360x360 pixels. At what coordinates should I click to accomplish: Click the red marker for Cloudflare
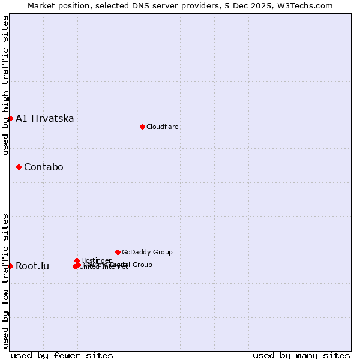coord(142,127)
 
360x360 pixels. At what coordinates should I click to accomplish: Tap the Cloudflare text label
coord(163,127)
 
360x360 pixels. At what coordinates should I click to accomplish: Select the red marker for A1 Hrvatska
coord(10,118)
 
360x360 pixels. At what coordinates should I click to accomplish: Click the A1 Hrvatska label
coord(45,119)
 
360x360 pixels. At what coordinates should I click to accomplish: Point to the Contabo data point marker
coord(19,167)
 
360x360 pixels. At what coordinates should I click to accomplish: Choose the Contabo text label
coord(44,167)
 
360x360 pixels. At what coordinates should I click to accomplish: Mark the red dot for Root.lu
coord(10,266)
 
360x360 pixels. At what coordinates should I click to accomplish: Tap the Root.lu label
coord(32,266)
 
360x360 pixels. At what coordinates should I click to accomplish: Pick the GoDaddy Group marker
coord(118,252)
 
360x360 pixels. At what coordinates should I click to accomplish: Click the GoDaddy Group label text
coord(147,253)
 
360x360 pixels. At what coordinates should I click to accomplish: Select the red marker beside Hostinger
coord(77,260)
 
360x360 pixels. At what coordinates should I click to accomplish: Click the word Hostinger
coord(96,260)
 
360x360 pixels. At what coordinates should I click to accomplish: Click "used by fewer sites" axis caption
coord(62,355)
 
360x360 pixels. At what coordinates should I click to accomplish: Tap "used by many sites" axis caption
coord(301,355)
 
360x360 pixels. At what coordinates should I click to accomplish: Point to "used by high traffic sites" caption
coord(6,85)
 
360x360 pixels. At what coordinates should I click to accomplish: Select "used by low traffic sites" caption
coord(6,280)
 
